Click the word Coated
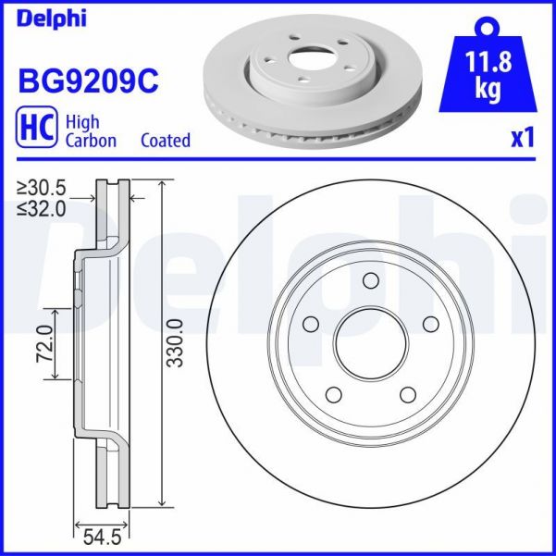pos(165,141)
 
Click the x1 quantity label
pos(523,139)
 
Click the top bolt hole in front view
pos(371,282)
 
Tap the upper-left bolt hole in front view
pos(311,324)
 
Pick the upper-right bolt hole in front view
pos(430,324)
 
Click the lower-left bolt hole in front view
pos(334,395)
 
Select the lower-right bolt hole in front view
pos(408,395)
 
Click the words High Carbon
pos(90,131)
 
